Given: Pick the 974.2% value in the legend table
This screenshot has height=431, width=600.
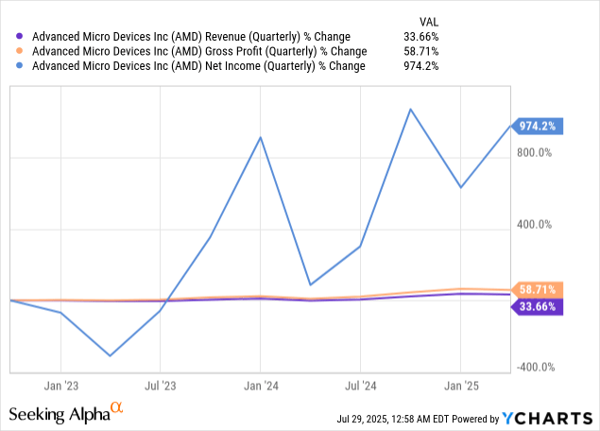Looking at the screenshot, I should [x=420, y=67].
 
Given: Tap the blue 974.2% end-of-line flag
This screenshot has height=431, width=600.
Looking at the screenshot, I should [x=539, y=126].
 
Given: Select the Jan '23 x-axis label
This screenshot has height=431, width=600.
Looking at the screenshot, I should [x=60, y=386].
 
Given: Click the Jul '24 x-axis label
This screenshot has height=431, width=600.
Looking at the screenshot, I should [x=360, y=386].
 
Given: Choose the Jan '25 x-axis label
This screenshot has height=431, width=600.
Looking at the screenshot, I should [x=460, y=386].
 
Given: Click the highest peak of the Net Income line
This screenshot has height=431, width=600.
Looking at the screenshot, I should [x=410, y=109].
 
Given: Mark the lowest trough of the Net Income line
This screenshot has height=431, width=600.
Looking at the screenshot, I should [x=111, y=356].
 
